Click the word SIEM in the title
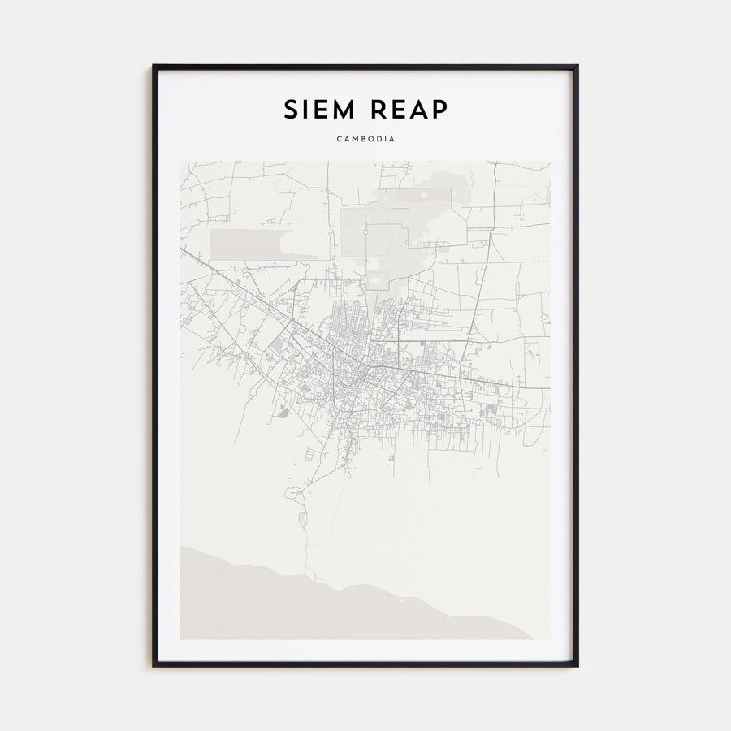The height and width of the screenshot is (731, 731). click(319, 110)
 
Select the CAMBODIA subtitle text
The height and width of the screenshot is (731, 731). click(365, 139)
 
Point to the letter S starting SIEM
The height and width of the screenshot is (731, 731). click(290, 110)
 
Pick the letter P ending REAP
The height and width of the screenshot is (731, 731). click(439, 110)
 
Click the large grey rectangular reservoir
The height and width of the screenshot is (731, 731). click(260, 244)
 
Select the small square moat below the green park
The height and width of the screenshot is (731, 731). click(378, 279)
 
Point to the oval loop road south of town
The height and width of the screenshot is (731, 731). click(290, 492)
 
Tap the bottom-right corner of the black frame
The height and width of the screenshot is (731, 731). click(577, 665)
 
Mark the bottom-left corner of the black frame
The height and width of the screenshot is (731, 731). click(154, 665)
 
